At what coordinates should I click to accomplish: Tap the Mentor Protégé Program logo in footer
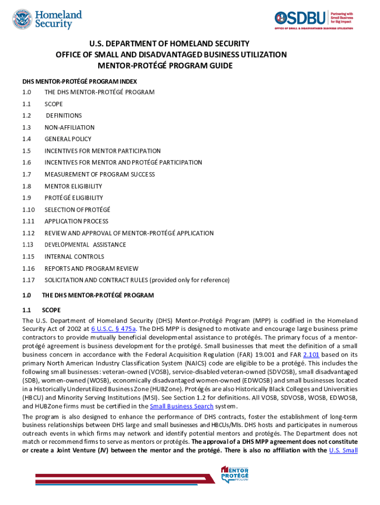point(235,474)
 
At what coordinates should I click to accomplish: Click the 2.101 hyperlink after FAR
point(311,355)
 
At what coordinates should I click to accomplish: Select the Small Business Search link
point(182,406)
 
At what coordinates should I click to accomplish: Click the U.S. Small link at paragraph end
point(343,450)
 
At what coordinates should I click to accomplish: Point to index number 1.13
point(27,245)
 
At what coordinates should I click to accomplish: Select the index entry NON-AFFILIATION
point(70,127)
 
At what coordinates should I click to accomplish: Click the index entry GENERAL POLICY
point(68,139)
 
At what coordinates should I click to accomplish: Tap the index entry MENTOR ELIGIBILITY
point(74,186)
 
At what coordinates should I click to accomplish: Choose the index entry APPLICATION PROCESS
point(76,221)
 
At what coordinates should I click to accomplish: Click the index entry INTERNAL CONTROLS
point(75,256)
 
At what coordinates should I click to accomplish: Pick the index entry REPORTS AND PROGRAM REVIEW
point(92,269)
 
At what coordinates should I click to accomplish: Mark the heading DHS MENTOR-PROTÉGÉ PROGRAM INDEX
point(79,81)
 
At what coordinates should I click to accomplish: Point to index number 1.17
point(27,280)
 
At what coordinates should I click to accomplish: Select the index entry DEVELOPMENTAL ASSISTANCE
point(85,245)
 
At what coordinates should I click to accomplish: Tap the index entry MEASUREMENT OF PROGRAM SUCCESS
point(100,175)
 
